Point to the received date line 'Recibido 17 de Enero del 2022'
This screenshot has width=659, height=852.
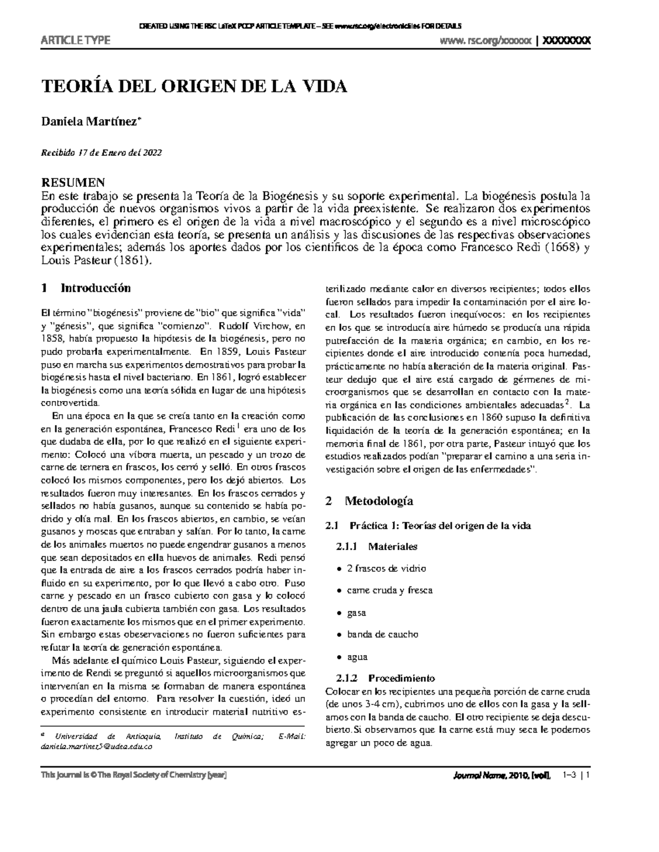(102, 153)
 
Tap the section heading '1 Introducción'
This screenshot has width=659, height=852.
(86, 287)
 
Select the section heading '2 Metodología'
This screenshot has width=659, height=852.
(369, 500)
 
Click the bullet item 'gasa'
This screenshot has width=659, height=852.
(356, 612)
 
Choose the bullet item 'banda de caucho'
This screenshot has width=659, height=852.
(382, 634)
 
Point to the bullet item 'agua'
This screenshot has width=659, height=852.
(357, 656)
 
